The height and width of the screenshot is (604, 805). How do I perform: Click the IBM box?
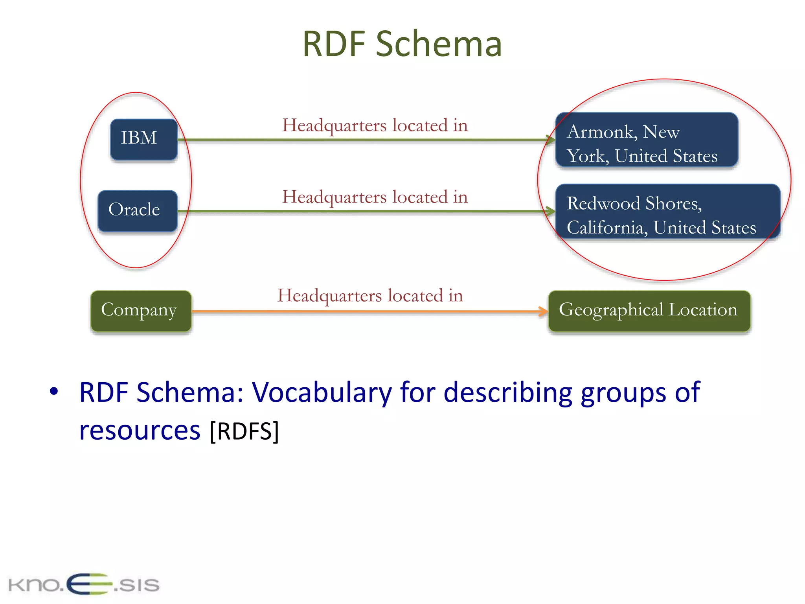[x=143, y=139]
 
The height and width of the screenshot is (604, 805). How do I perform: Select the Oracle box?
[x=137, y=210]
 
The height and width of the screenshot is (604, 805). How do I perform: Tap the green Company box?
[x=141, y=311]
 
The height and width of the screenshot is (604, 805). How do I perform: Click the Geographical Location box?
[x=649, y=311]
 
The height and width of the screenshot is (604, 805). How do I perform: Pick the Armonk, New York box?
[x=646, y=140]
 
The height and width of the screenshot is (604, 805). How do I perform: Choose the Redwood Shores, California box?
[x=667, y=212]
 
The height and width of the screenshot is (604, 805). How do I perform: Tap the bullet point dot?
[x=54, y=391]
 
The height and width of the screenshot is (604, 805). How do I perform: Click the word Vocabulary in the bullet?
[x=322, y=392]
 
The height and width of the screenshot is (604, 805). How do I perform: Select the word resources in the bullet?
[x=140, y=431]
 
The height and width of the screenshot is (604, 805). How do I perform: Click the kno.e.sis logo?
[x=84, y=584]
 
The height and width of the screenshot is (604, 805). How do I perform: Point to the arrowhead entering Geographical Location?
[x=544, y=311]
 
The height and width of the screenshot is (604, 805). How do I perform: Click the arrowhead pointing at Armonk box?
[x=551, y=139]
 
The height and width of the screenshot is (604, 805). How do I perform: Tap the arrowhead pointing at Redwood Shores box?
[x=551, y=212]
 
